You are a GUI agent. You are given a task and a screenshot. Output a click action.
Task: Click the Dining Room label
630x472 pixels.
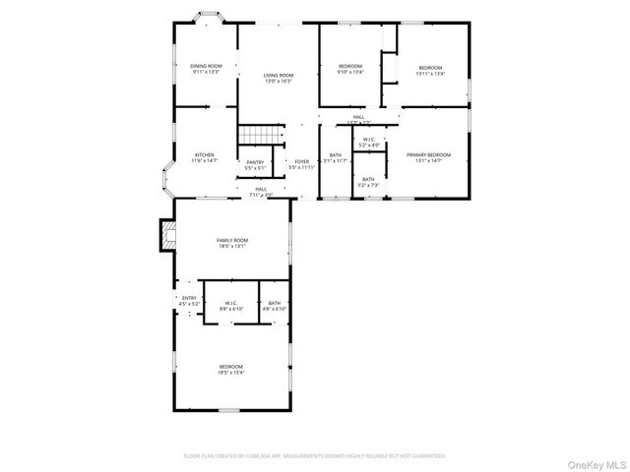(x=205, y=68)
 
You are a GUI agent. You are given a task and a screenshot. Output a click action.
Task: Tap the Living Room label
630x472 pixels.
(x=278, y=78)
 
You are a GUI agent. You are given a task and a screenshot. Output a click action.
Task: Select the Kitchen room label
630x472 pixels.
(x=205, y=157)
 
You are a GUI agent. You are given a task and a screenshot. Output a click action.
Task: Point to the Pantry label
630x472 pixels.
(x=255, y=164)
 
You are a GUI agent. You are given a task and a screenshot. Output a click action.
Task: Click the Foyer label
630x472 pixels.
(x=301, y=164)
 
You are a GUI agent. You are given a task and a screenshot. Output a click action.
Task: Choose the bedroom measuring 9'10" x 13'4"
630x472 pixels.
(x=350, y=68)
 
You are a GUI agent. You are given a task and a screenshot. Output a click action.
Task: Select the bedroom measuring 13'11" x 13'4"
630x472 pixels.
(x=431, y=68)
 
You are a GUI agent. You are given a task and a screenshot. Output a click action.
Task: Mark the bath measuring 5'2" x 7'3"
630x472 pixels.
(x=367, y=182)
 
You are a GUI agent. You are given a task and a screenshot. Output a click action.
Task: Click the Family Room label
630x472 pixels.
(x=232, y=243)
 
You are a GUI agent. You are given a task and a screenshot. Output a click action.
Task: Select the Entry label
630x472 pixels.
(x=189, y=301)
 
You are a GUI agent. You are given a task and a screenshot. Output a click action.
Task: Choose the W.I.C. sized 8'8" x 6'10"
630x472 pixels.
(x=230, y=306)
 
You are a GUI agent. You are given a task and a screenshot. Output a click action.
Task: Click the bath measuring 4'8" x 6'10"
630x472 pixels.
(x=274, y=306)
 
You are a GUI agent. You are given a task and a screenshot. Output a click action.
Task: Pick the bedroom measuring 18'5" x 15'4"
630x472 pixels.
(x=232, y=370)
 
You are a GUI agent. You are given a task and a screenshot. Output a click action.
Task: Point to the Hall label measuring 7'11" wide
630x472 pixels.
(x=262, y=191)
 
